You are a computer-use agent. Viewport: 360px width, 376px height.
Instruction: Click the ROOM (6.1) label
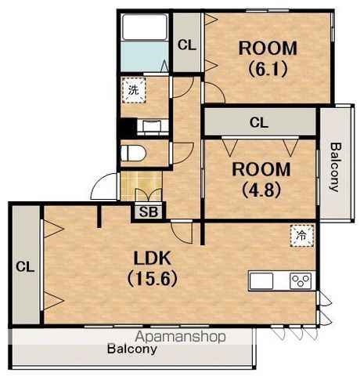(268, 58)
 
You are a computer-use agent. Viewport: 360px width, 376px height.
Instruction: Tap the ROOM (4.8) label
(261, 179)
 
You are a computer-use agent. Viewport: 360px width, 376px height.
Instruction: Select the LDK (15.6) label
(153, 268)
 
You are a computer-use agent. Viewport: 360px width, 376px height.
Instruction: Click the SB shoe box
(149, 212)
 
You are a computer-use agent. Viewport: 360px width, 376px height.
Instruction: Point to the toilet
(132, 153)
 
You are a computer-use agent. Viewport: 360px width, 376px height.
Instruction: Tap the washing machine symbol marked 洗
(134, 90)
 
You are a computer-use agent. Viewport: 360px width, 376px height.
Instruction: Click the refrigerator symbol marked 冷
(301, 236)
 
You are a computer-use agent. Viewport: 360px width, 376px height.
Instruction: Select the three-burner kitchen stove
(301, 280)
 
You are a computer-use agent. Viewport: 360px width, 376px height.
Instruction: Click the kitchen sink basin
(261, 280)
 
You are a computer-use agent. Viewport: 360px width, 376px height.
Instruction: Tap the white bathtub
(145, 27)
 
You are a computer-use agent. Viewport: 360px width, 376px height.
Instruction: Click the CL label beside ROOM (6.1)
(186, 45)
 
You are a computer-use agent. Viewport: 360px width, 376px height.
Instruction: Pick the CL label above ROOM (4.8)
(259, 122)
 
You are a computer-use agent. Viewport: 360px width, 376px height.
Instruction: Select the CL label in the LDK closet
(25, 267)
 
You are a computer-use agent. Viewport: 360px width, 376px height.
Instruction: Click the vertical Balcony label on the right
(335, 167)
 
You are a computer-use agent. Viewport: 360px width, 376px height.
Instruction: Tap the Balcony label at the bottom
(132, 349)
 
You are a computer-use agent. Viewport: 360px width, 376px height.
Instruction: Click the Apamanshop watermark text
(180, 337)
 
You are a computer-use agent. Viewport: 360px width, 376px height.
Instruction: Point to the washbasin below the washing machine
(153, 126)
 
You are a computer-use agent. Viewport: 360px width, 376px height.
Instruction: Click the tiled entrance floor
(142, 186)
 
